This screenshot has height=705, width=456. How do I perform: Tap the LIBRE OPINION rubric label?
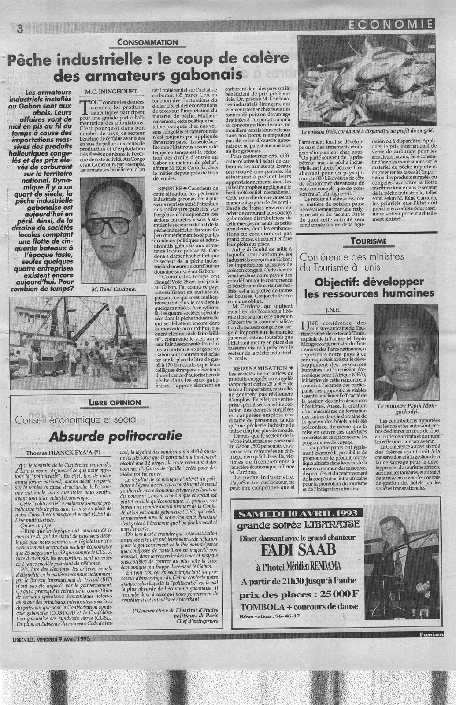tap(115, 402)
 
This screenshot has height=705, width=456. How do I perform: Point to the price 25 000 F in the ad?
tap(335, 593)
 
